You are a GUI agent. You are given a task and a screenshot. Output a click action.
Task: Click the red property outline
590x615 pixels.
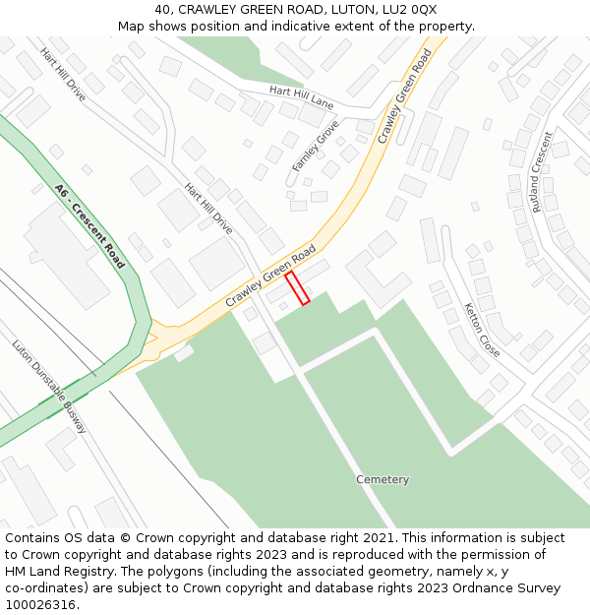click(297, 287)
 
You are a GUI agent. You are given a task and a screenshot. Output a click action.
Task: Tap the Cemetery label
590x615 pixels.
click(383, 480)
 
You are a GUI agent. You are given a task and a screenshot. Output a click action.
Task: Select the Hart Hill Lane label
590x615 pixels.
click(302, 97)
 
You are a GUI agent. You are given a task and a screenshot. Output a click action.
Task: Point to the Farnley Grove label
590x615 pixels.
click(316, 146)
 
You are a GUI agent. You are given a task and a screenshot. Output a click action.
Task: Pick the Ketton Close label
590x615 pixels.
click(482, 330)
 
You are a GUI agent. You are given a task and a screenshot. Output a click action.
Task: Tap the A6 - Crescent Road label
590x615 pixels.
click(90, 226)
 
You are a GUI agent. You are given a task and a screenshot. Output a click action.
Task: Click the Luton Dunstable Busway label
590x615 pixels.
click(49, 387)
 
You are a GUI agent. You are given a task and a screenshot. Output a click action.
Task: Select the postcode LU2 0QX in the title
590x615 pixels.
click(410, 10)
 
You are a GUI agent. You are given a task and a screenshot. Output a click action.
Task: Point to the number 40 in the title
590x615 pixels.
click(162, 10)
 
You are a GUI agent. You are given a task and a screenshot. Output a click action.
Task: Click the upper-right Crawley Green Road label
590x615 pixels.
click(405, 96)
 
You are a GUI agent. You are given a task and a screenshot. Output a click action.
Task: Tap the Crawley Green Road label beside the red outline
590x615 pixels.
click(270, 275)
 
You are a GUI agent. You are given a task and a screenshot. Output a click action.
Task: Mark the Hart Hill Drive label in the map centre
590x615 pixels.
click(208, 209)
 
